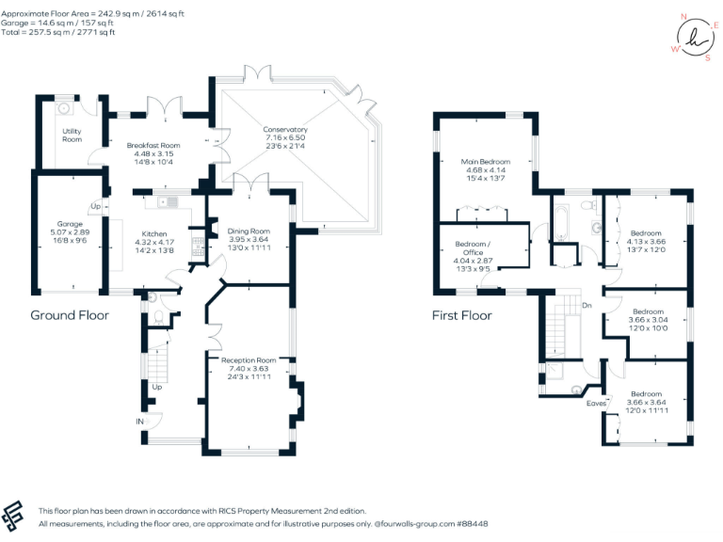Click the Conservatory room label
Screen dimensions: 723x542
[x=285, y=130]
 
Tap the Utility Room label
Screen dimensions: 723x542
[x=72, y=135]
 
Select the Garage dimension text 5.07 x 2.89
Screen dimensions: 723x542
[x=70, y=232]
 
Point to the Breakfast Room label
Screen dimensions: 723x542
[x=153, y=145]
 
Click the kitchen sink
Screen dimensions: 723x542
[x=168, y=202]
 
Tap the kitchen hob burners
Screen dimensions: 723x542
[x=198, y=247]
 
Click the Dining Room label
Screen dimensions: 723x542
[x=249, y=231]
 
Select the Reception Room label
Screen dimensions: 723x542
[x=249, y=360]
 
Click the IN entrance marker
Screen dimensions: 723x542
[x=139, y=422]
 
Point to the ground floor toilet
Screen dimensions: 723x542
[x=158, y=317]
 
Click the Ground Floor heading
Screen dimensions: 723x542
[x=70, y=315]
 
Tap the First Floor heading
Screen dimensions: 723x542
[x=462, y=315]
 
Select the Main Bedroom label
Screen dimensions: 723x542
[x=486, y=162]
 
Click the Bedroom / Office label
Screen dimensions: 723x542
[x=474, y=248]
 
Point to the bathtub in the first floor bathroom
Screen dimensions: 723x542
[x=561, y=223]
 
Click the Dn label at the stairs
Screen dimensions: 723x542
[x=586, y=305]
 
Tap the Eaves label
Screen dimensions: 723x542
[x=596, y=404]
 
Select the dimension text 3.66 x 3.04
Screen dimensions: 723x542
[x=648, y=319]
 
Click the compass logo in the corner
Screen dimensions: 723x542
[x=696, y=38]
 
